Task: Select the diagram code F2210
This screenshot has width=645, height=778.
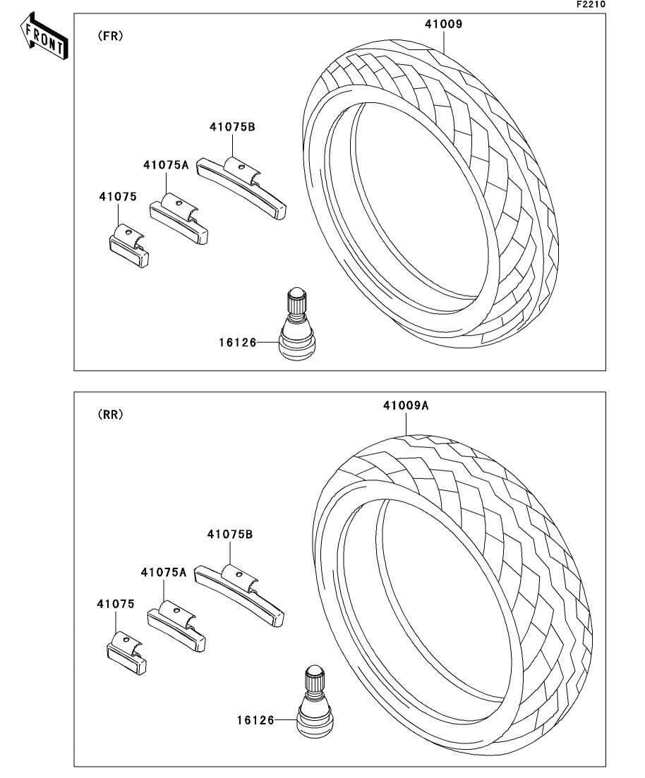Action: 591,4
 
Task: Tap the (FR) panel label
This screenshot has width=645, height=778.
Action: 110,37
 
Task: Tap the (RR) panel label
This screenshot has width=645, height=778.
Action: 110,415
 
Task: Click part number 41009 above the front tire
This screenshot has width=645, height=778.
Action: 442,24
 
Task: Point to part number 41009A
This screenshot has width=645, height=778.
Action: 406,406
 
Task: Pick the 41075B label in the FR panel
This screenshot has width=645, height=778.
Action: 231,128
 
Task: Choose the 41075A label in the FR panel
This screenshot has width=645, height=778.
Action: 166,165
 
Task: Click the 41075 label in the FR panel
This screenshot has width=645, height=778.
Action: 117,197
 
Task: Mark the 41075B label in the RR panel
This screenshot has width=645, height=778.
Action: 229,535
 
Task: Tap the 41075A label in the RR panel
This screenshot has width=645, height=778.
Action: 163,572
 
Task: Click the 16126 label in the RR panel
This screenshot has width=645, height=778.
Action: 255,721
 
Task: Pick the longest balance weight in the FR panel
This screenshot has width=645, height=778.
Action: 242,187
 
